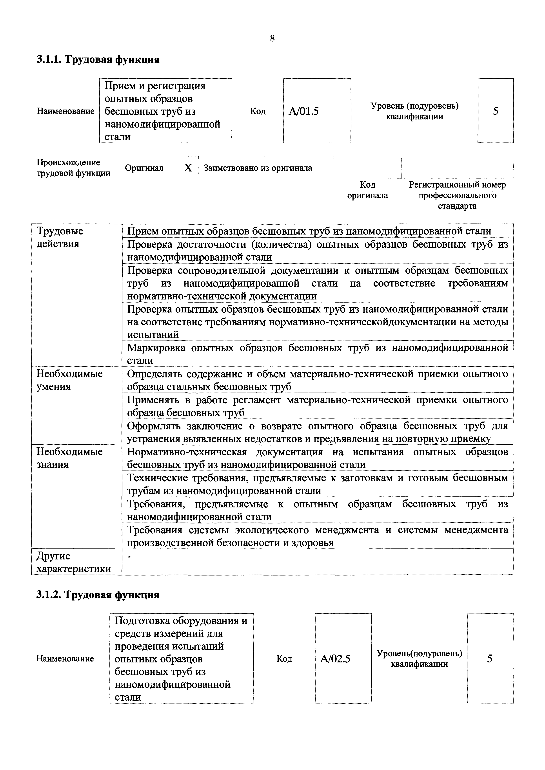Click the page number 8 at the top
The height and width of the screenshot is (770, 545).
272,39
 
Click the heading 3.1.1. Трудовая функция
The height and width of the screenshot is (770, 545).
98,60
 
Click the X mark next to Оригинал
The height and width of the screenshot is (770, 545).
188,168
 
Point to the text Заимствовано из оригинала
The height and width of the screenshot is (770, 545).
258,168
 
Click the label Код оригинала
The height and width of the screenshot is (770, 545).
367,190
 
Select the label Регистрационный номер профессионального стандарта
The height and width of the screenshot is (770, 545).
457,195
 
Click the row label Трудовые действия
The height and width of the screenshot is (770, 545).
60,237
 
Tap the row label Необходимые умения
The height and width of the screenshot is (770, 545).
69,380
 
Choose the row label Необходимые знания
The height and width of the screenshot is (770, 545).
69,458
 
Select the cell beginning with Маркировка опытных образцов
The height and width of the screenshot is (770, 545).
317,354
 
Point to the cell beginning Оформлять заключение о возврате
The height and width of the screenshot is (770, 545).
317,432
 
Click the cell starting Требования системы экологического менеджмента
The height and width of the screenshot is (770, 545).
317,536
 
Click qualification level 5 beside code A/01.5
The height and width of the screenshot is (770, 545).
495,111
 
